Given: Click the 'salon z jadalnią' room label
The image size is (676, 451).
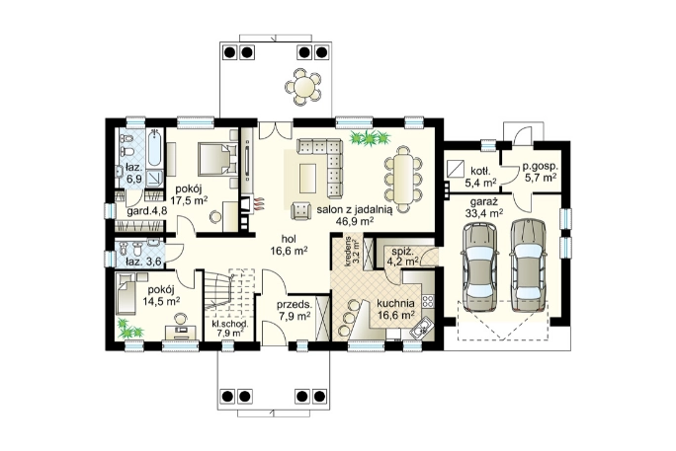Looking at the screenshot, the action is pos(355,209).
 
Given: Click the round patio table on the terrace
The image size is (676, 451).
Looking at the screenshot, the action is pos(303,86).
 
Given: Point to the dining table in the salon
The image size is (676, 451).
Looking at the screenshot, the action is pos(403,179).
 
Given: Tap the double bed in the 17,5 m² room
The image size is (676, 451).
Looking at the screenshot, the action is pos(217,158).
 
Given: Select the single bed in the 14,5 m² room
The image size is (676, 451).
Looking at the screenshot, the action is pos(127,292).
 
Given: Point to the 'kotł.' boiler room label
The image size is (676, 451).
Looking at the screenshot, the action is pos(480,172).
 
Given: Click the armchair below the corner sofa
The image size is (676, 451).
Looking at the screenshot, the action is pos(301,210).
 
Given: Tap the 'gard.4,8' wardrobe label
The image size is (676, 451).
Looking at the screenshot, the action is pos(147,211).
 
